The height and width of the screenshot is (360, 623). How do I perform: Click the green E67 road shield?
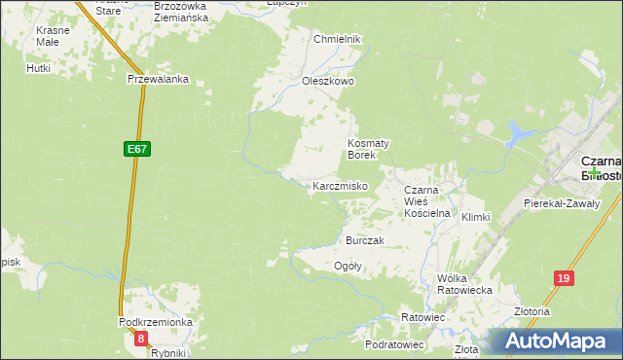pyautogui.click(x=137, y=149)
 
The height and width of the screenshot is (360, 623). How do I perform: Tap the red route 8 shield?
pyautogui.click(x=142, y=339)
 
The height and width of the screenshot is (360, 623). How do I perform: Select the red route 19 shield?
pyautogui.click(x=564, y=278)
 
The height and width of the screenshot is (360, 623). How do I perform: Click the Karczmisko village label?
pyautogui.click(x=339, y=186)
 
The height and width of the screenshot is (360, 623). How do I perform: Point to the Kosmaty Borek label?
pyautogui.click(x=369, y=148)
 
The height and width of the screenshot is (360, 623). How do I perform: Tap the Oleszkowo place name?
pyautogui.click(x=327, y=82)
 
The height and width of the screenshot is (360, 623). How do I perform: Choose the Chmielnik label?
pyautogui.click(x=338, y=39)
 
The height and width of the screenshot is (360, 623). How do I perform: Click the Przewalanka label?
pyautogui.click(x=157, y=81)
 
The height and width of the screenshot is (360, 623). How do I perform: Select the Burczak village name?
pyautogui.click(x=365, y=240)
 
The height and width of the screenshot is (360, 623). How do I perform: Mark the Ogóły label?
pyautogui.click(x=348, y=266)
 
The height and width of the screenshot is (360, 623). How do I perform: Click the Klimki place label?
pyautogui.click(x=475, y=217)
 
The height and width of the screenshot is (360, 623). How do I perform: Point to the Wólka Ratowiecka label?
pyautogui.click(x=464, y=283)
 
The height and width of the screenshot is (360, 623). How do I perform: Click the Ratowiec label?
pyautogui.click(x=422, y=317)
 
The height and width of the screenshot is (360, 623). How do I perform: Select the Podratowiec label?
pyautogui.click(x=394, y=344)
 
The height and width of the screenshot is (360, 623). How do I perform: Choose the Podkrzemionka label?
pyautogui.click(x=156, y=322)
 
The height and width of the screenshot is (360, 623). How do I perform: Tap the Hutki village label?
pyautogui.click(x=39, y=69)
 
